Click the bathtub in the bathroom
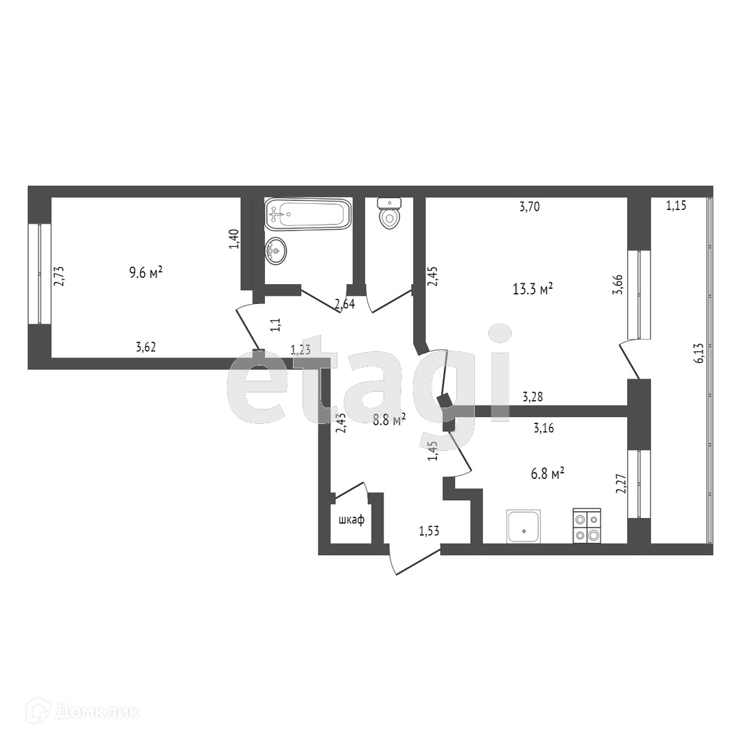[x=307, y=214]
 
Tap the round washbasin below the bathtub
[x=276, y=251]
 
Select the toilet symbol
[x=390, y=213]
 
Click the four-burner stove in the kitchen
[x=587, y=526]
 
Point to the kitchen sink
[x=524, y=526]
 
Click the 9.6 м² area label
[x=146, y=272]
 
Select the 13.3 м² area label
[x=532, y=289]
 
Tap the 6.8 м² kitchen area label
[x=548, y=473]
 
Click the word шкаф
[x=351, y=520]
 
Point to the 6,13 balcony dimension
[x=699, y=353]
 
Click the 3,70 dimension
[x=529, y=207]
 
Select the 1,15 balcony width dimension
[x=676, y=206]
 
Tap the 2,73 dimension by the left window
[x=58, y=277]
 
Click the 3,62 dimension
[x=145, y=347]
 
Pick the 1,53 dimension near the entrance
[x=429, y=530]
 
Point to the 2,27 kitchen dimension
[x=621, y=484]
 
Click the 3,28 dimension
[x=532, y=397]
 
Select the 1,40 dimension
[x=234, y=239]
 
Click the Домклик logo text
[x=97, y=712]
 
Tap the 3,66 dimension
[x=617, y=285]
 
